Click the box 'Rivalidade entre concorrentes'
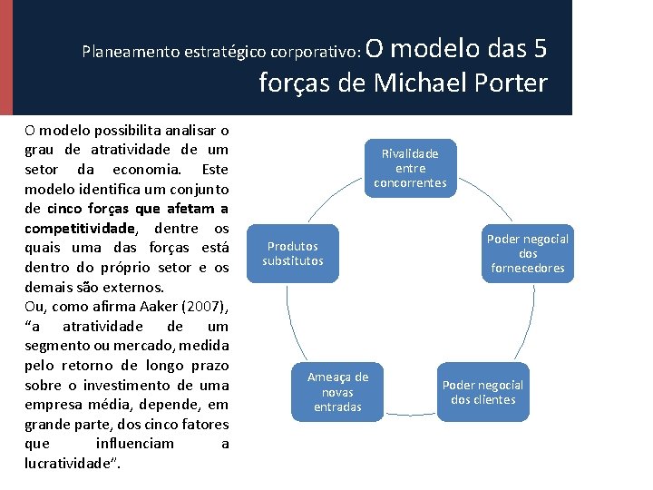[410, 168]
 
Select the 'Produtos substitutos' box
[293, 254]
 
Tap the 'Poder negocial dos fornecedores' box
[528, 253]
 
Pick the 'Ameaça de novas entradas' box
[337, 392]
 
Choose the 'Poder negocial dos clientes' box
[482, 392]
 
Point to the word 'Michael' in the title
[422, 83]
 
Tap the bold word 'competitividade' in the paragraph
[80, 228]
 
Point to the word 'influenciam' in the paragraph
[135, 444]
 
